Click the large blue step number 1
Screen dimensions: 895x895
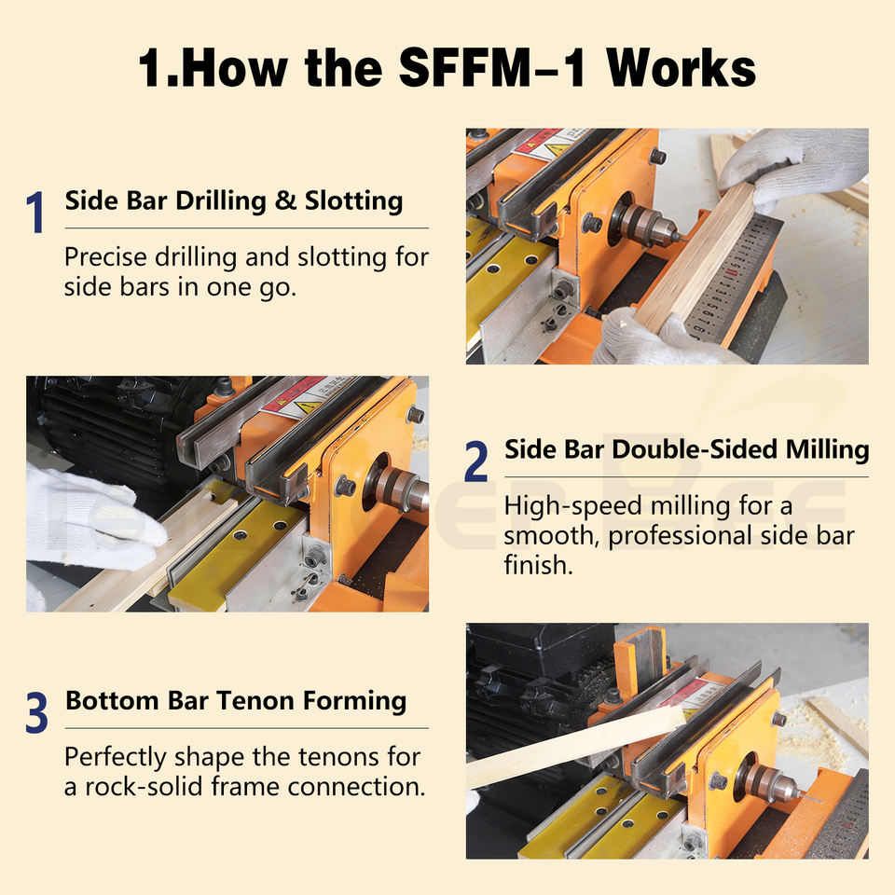[x=35, y=212]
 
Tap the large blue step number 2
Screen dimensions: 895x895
[x=476, y=461]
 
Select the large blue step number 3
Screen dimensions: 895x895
[x=36, y=711]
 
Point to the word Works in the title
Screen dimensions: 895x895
[x=681, y=68]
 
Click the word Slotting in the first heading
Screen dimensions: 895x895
[x=353, y=201]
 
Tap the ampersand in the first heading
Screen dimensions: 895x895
[x=285, y=201]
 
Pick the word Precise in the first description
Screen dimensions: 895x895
[x=105, y=257]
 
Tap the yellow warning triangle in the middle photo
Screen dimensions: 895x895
[x=309, y=407]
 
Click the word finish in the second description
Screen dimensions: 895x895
[x=538, y=566]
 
